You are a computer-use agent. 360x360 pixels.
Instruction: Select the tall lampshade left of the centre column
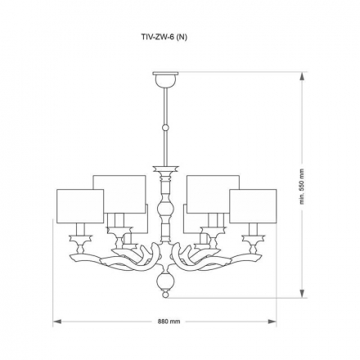119,192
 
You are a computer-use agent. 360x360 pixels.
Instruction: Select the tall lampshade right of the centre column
213,192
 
